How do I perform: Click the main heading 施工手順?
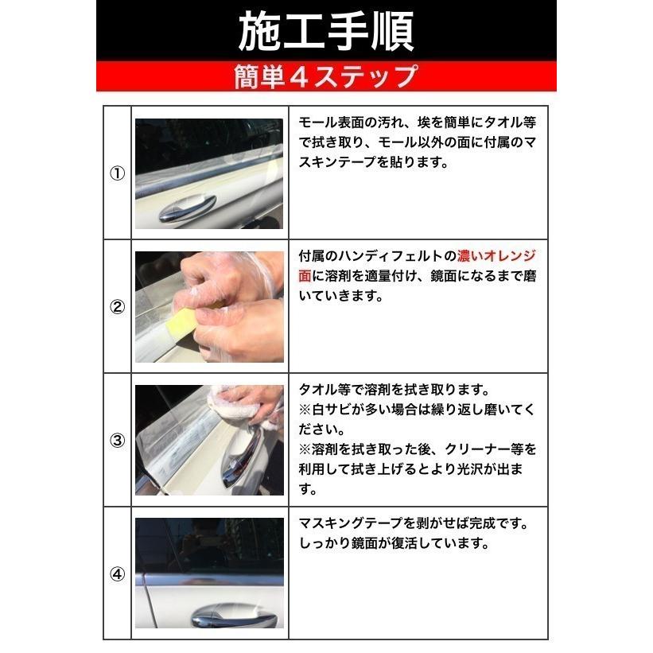(326, 31)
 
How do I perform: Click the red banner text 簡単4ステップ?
(326, 77)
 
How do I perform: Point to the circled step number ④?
(117, 573)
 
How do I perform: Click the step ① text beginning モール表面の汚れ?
(418, 123)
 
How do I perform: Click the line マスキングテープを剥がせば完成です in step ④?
(413, 525)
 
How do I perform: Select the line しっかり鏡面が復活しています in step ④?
(392, 545)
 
